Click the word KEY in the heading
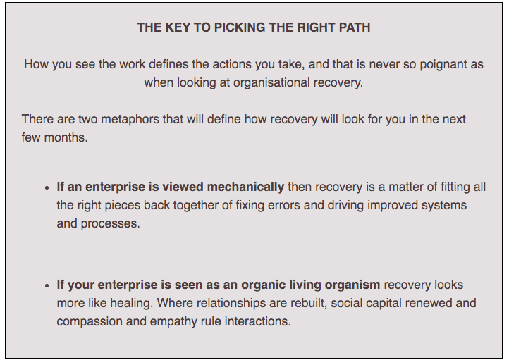(x=178, y=27)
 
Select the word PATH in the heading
(x=355, y=27)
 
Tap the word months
(x=66, y=137)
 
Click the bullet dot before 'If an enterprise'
(x=47, y=188)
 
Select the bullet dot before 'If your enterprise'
(x=47, y=286)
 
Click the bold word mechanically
(x=245, y=187)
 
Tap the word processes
(x=111, y=224)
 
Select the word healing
(x=131, y=303)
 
